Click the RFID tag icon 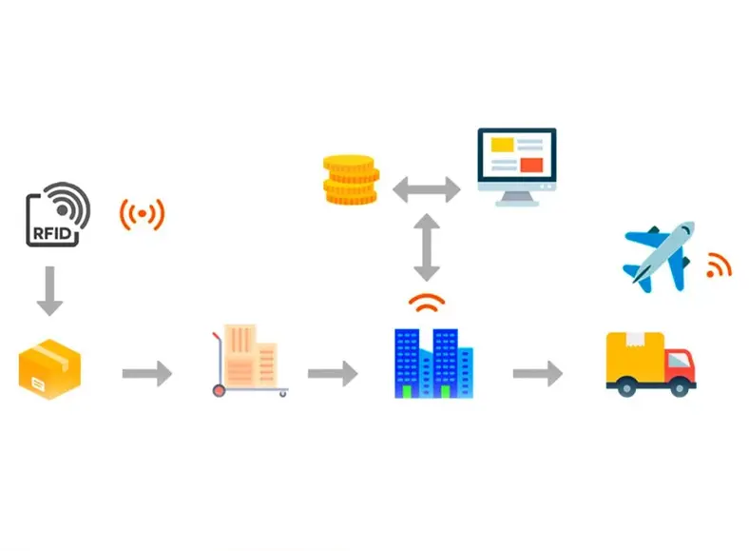(x=58, y=214)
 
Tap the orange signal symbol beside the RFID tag (x=142, y=215)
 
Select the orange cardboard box (x=49, y=370)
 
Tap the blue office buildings (x=432, y=363)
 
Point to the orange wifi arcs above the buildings (x=427, y=304)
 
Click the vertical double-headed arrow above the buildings (x=427, y=246)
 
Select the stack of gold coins (x=351, y=180)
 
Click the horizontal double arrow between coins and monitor (x=426, y=188)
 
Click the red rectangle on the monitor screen (x=531, y=165)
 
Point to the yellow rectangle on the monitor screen (x=501, y=145)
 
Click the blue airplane (x=659, y=255)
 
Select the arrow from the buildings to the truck (x=538, y=374)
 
